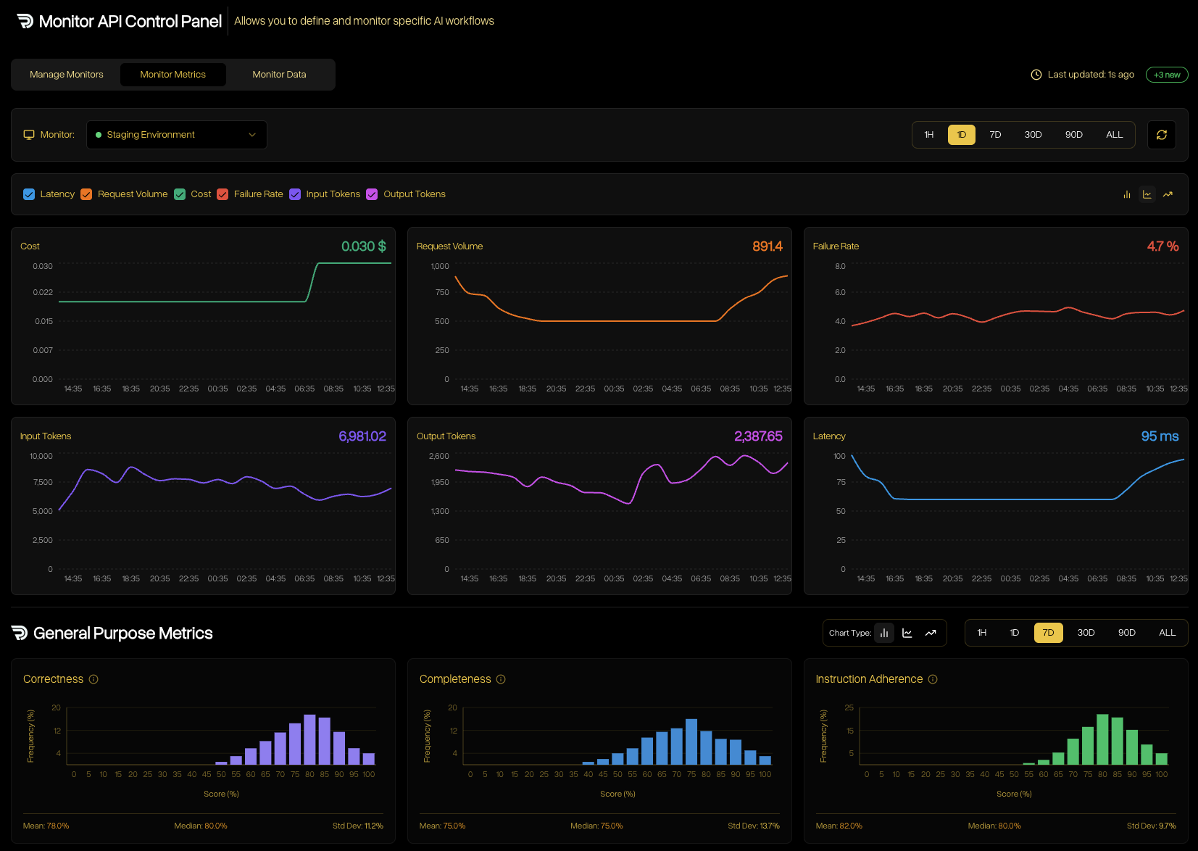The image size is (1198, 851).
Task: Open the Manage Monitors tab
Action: tap(67, 75)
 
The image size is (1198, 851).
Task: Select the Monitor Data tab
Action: tap(279, 75)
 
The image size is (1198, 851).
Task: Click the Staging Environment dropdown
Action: tap(177, 135)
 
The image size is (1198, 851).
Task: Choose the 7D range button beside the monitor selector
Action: tap(995, 135)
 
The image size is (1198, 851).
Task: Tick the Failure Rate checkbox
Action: tap(222, 194)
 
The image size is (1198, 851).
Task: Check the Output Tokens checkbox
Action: tap(372, 194)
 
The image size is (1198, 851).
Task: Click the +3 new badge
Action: tap(1166, 75)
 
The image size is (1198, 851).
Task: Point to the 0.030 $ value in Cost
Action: tap(363, 246)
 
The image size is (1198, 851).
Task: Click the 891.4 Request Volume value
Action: tap(767, 246)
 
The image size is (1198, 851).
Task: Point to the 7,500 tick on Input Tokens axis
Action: tap(43, 482)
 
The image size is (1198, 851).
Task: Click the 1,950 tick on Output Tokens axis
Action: tap(440, 482)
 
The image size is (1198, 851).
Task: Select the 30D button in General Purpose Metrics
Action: tap(1086, 633)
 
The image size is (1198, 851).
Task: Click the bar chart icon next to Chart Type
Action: tap(884, 633)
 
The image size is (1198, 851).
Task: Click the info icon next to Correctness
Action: tap(93, 679)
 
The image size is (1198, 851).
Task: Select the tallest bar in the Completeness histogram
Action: tap(691, 742)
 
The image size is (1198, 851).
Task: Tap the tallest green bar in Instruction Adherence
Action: tap(1102, 739)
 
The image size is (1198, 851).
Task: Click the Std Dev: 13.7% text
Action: tap(753, 826)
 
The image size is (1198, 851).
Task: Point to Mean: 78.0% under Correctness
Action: tap(46, 826)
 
